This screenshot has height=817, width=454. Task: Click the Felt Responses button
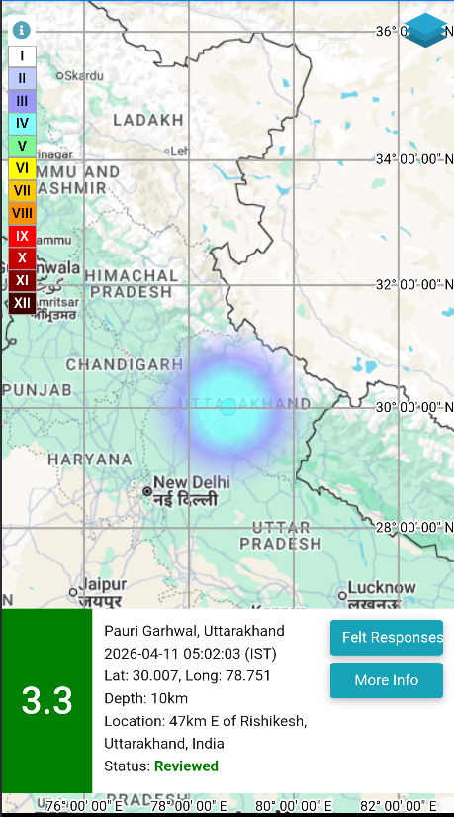(x=387, y=637)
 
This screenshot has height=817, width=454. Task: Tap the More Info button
(x=387, y=680)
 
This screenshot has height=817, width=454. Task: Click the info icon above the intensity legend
(x=22, y=31)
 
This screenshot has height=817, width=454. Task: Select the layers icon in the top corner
(x=425, y=30)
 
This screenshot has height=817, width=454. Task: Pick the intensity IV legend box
(x=22, y=124)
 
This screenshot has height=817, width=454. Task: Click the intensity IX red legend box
(x=22, y=236)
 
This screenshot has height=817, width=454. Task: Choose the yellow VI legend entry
(x=22, y=168)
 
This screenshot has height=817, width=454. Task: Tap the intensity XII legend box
(x=22, y=302)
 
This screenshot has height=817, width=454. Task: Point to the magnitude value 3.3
(x=46, y=701)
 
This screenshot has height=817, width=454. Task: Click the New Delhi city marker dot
(x=147, y=490)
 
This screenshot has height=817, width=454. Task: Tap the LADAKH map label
(x=148, y=120)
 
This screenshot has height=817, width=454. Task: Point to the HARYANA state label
(x=90, y=460)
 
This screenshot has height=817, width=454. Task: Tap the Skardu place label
(x=84, y=75)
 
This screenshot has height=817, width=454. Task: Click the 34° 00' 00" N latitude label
(x=413, y=158)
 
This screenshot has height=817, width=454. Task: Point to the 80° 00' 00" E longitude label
(x=294, y=805)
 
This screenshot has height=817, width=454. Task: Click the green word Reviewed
(x=186, y=766)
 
